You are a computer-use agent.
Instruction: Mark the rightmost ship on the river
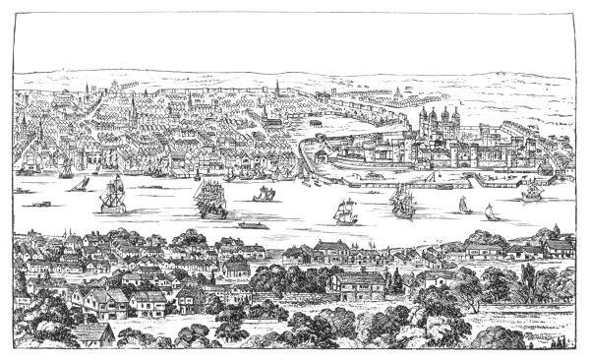tap(532, 189)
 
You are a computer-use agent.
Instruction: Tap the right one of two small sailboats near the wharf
tap(489, 210)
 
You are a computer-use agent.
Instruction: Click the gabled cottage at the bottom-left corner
tap(94, 333)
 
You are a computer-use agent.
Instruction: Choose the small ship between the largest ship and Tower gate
tap(264, 194)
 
